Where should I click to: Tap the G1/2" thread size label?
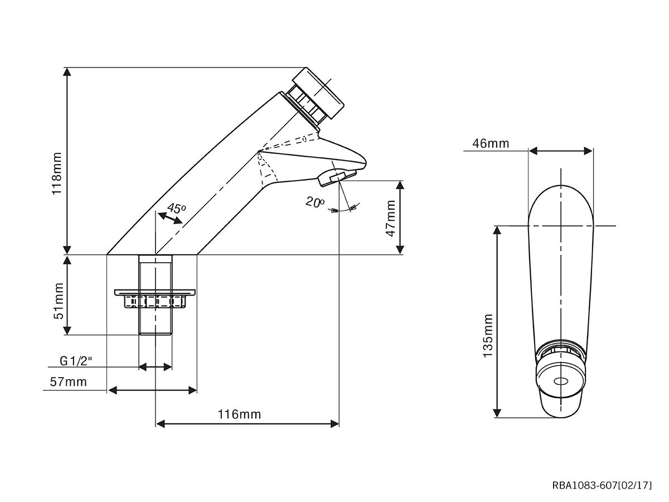point(76,361)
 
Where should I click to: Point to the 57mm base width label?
point(68,382)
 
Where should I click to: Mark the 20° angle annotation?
point(315,202)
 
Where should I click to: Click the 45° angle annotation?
point(177,209)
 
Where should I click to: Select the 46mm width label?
point(491,143)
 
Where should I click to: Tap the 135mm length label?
point(488,335)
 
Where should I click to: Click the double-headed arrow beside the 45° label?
point(170,219)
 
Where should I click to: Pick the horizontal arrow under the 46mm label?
point(560,151)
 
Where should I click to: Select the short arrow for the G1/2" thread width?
point(155,366)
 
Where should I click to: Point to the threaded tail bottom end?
point(155,334)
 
